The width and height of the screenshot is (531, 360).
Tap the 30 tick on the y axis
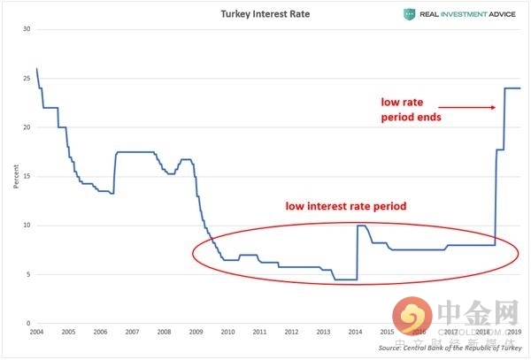click(x=27, y=29)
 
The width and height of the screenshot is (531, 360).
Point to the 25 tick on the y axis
click(x=27, y=79)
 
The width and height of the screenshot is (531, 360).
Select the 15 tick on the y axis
click(x=27, y=176)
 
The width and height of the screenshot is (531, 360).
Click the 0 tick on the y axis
click(x=28, y=324)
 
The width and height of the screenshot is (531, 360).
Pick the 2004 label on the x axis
click(x=36, y=333)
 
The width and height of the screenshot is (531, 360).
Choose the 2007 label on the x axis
click(x=132, y=333)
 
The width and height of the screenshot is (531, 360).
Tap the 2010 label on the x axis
click(x=227, y=333)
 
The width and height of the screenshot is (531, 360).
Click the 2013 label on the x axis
click(x=323, y=333)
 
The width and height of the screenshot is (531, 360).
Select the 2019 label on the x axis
click(x=513, y=333)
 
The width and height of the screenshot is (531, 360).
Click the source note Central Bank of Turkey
click(x=450, y=349)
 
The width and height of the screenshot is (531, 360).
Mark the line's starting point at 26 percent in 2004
click(x=36, y=69)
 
